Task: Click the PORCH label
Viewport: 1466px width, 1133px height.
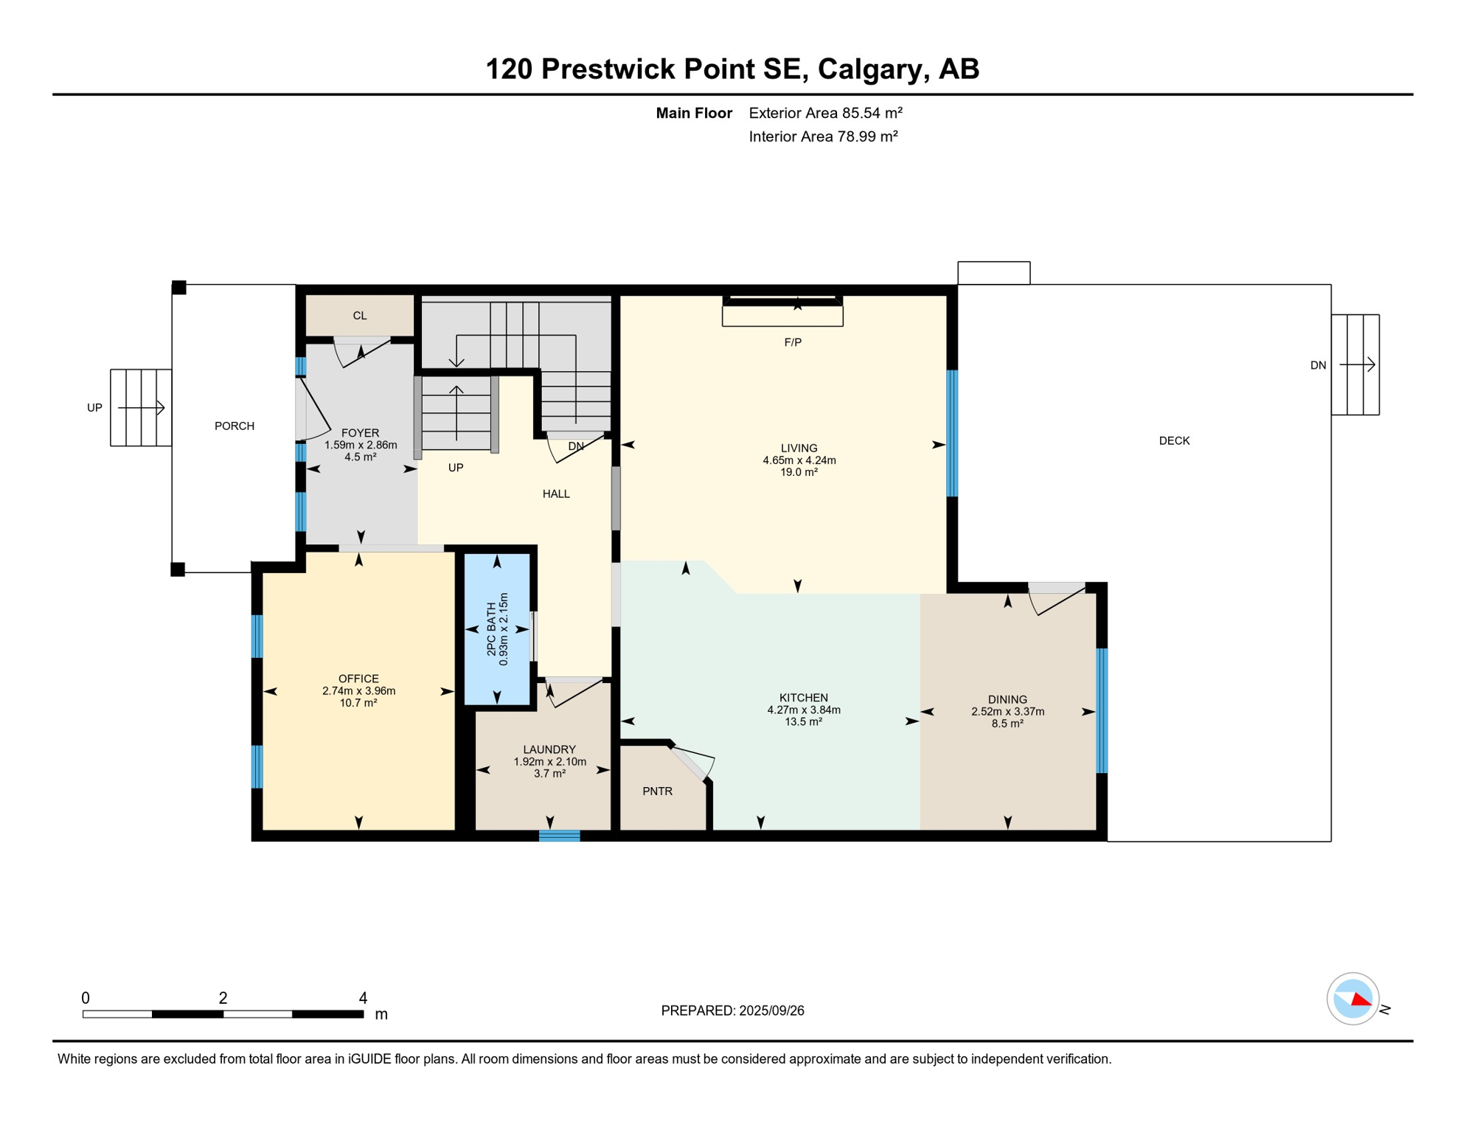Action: (235, 426)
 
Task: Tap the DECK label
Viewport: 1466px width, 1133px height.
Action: (1175, 441)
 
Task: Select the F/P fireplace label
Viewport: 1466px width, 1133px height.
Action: (793, 342)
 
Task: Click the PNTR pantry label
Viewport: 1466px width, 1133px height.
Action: (658, 791)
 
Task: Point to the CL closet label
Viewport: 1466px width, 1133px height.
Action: (360, 316)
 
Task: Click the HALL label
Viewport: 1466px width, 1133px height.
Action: (556, 494)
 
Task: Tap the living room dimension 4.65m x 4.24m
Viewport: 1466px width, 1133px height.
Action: (799, 460)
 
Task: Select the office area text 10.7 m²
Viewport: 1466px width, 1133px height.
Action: (358, 703)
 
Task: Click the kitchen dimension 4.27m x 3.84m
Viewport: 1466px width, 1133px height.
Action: (804, 710)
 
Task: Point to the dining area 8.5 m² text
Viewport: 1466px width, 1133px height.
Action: (1007, 724)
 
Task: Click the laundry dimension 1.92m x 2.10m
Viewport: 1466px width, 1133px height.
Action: (550, 762)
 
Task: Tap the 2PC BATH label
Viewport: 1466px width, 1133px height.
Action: (492, 629)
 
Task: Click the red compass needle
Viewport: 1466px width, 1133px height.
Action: (1361, 999)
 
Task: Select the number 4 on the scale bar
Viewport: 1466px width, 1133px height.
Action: (363, 998)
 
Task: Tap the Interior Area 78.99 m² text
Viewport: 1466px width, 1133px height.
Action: (823, 136)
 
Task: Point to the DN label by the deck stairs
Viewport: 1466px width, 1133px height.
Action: (1319, 365)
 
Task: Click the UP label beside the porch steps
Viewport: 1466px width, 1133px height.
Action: (94, 408)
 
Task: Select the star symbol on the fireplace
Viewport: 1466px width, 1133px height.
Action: (797, 304)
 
